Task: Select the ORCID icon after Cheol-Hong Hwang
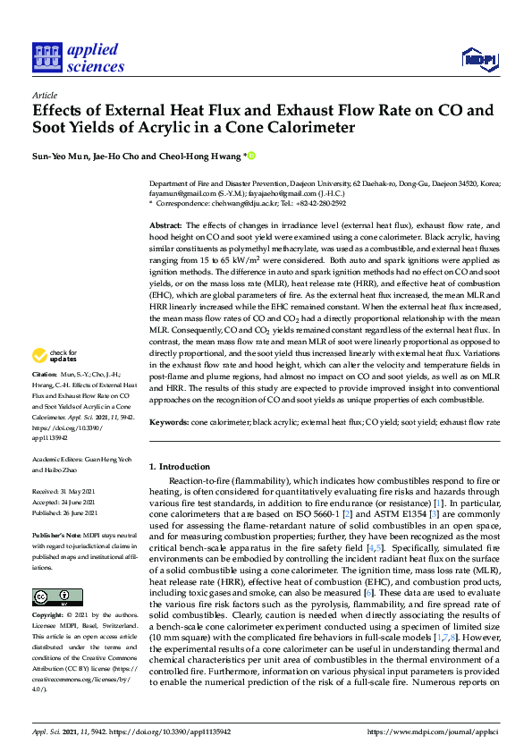[x=251, y=156]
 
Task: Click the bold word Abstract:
[x=165, y=225]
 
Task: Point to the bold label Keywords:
[x=169, y=420]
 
